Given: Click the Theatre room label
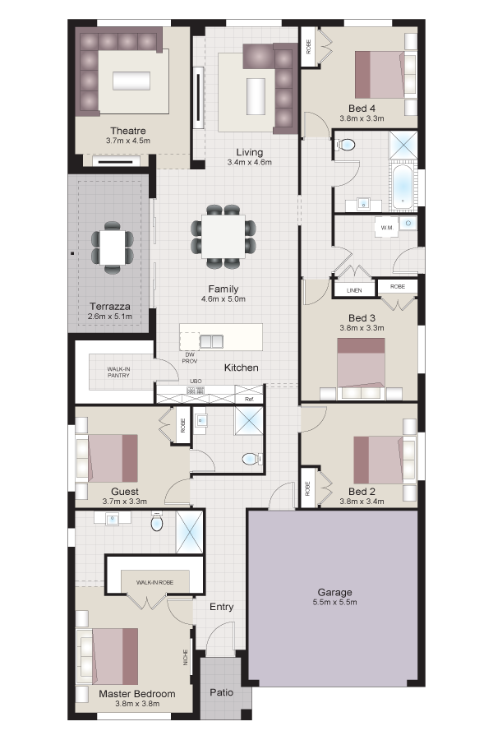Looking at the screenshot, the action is click(x=128, y=131).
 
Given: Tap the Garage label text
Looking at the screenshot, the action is click(x=334, y=592).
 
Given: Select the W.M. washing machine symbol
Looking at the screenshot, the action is click(x=387, y=228).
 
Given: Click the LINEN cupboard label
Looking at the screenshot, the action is click(x=354, y=290).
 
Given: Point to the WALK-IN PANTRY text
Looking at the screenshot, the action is click(x=118, y=372).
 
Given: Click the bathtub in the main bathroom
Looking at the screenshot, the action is click(x=403, y=187).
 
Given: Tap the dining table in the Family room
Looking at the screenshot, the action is click(x=223, y=237).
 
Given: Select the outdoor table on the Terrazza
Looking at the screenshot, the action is click(x=113, y=247).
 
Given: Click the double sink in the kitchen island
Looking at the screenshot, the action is click(x=211, y=340).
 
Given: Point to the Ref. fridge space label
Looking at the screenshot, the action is click(x=250, y=400).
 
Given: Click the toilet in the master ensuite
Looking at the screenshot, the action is click(x=157, y=522).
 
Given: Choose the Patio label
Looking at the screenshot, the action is click(x=222, y=691).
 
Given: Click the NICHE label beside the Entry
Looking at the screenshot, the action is click(x=186, y=658).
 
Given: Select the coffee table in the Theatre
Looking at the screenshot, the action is click(x=131, y=81).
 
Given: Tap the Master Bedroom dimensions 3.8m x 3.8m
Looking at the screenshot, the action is click(x=137, y=704).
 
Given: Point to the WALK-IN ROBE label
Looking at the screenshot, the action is click(x=154, y=582).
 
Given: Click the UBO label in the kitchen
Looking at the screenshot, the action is click(x=196, y=381).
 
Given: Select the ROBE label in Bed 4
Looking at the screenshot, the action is click(x=309, y=47).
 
